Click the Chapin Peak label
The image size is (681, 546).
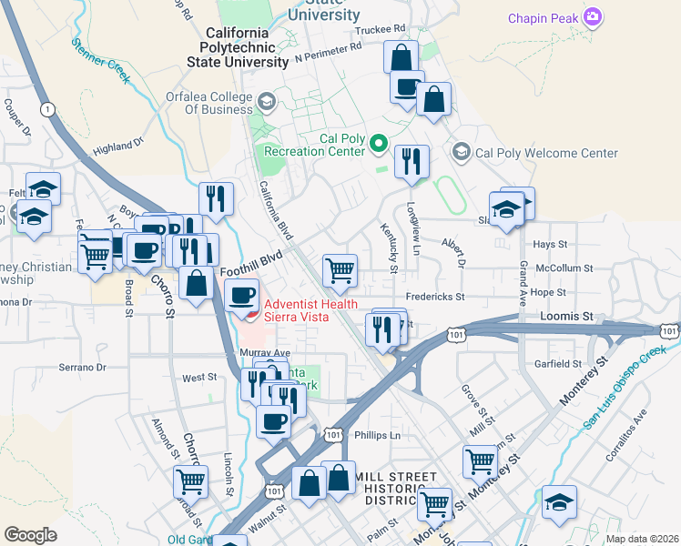coord(544,17)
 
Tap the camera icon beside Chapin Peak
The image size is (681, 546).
coord(593,16)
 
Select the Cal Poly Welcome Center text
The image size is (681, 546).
coord(546,153)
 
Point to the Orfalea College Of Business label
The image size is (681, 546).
coord(208,103)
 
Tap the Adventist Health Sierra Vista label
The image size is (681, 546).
coord(310,310)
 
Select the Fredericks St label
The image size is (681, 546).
coord(434,297)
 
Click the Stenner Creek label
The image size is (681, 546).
coord(102,59)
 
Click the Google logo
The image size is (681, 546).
coord(30,534)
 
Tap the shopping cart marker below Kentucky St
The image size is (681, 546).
coord(340,269)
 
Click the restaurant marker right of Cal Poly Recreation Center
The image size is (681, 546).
coord(412,161)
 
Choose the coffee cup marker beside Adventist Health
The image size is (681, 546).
coord(242,295)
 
